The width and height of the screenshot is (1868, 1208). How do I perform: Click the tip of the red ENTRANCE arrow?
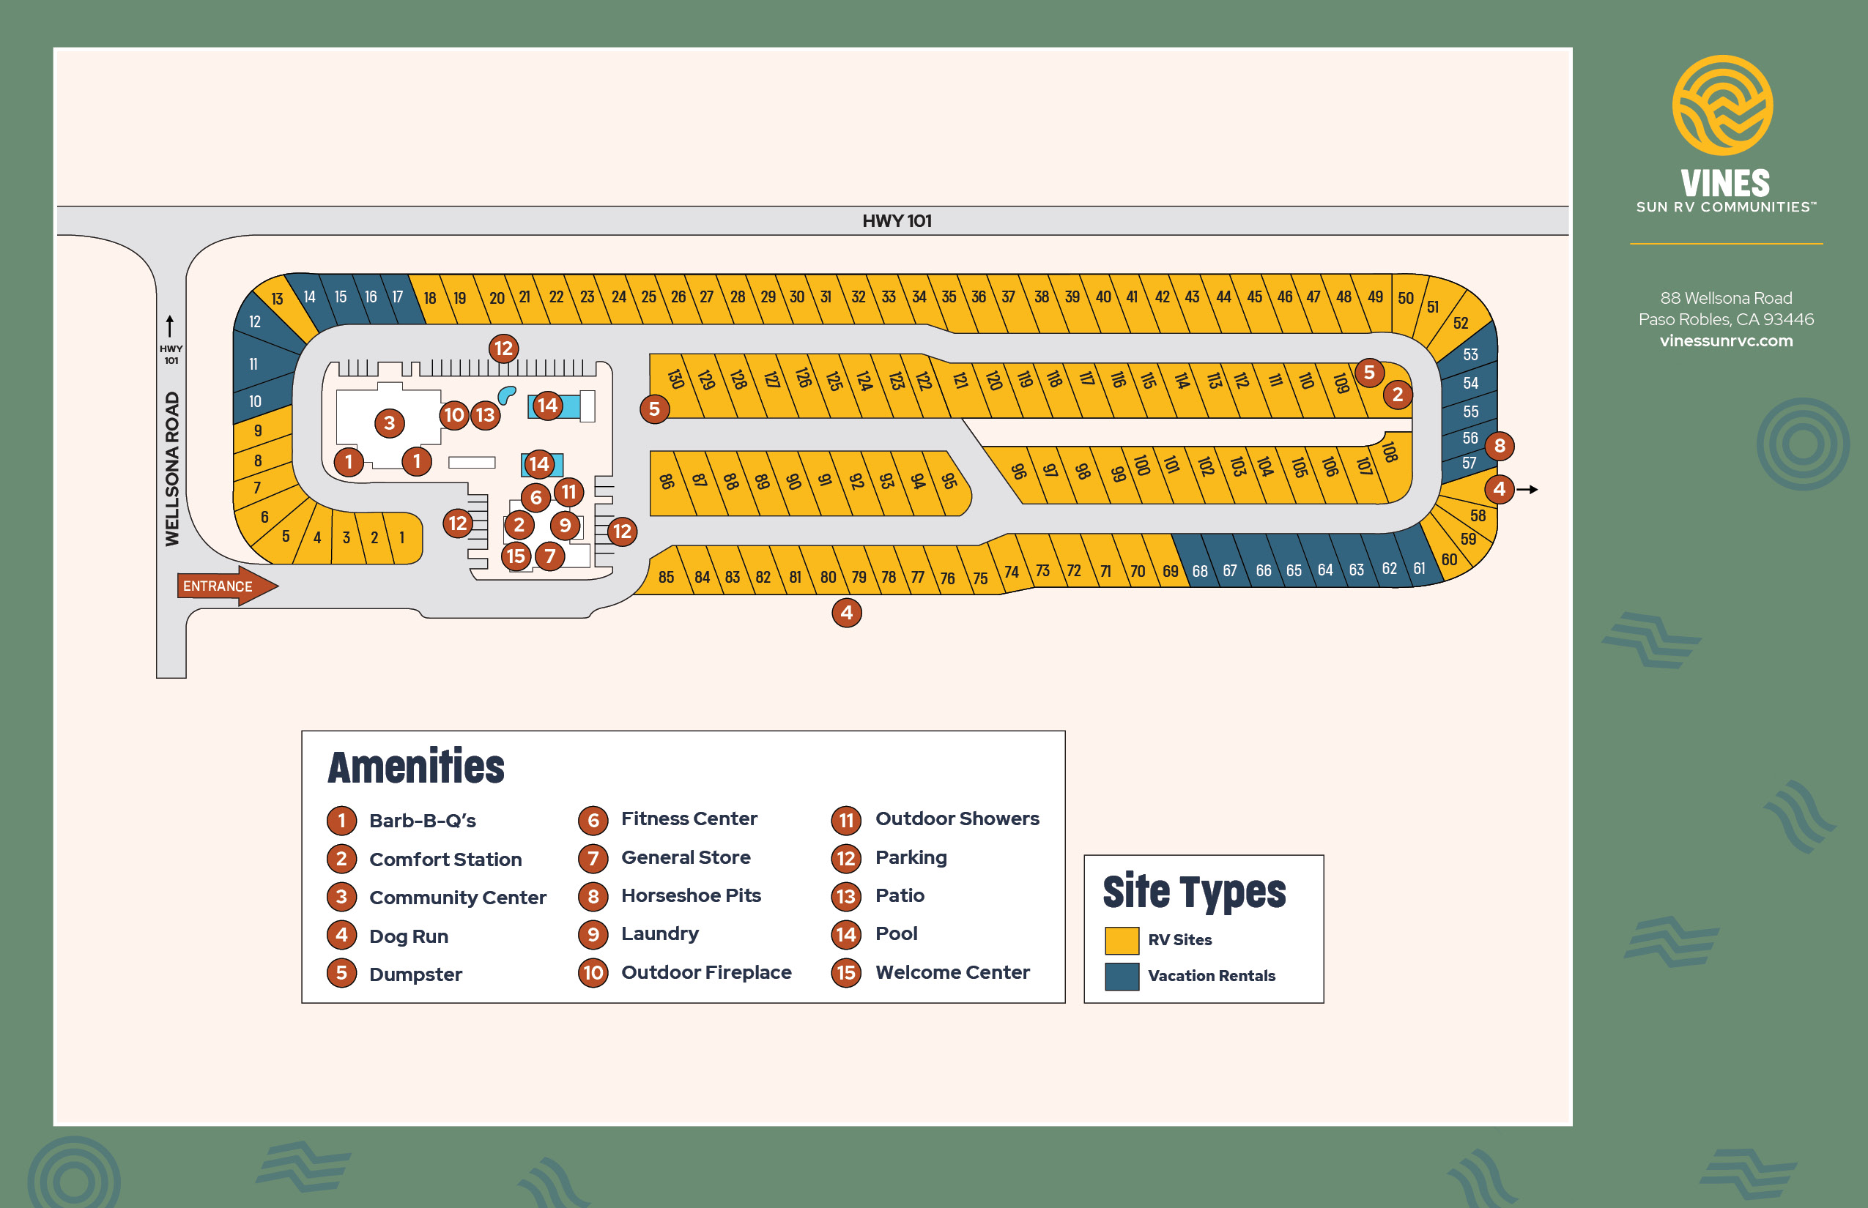pyautogui.click(x=278, y=585)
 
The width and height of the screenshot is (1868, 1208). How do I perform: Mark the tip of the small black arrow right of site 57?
pyautogui.click(x=1538, y=490)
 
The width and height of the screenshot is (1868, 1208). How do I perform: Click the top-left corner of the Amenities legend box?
pyautogui.click(x=302, y=731)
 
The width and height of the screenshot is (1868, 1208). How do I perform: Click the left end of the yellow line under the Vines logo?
pyautogui.click(x=1630, y=244)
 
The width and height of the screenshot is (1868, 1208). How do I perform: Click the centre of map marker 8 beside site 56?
pyautogui.click(x=1499, y=447)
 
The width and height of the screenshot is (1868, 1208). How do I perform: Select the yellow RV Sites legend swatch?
pyautogui.click(x=1122, y=940)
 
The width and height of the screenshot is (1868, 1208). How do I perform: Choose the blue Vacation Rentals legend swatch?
pyautogui.click(x=1122, y=976)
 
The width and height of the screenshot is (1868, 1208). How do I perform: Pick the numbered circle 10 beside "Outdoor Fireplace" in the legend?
pyautogui.click(x=593, y=973)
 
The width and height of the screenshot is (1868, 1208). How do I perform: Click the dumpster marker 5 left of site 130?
pyautogui.click(x=655, y=409)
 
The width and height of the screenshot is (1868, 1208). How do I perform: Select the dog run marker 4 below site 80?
pyautogui.click(x=846, y=613)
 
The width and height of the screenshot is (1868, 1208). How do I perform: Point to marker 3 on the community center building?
pyautogui.click(x=389, y=424)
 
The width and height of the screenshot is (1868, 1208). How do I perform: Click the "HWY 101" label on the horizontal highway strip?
pyautogui.click(x=897, y=221)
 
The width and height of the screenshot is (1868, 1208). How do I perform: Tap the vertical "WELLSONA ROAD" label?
pyautogui.click(x=172, y=469)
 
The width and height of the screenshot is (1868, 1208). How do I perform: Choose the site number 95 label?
pyautogui.click(x=949, y=480)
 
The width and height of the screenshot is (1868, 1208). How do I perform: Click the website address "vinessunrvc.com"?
pyautogui.click(x=1726, y=340)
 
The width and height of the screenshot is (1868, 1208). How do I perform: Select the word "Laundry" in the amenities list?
pyautogui.click(x=660, y=933)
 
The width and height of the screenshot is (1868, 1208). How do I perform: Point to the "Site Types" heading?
pyautogui.click(x=1194, y=891)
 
